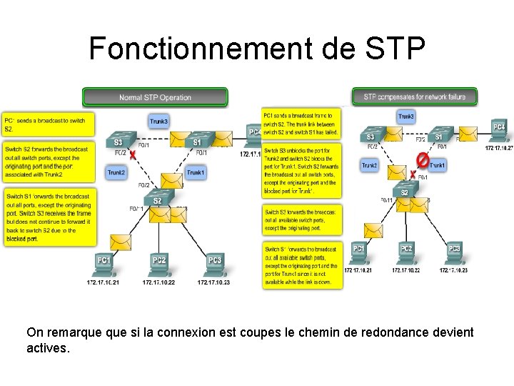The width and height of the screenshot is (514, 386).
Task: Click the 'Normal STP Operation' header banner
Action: click(x=155, y=97)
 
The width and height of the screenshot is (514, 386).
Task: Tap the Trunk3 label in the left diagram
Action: click(x=158, y=121)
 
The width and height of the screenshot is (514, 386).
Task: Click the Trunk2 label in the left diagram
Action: click(x=116, y=172)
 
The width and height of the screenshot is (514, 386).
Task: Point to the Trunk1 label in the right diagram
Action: click(x=438, y=165)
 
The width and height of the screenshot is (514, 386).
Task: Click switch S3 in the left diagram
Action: click(x=119, y=142)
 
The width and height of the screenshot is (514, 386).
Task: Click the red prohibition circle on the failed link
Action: click(x=423, y=158)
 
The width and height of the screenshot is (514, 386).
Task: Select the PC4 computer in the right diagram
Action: click(x=499, y=129)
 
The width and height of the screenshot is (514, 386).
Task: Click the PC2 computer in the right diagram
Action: click(x=405, y=251)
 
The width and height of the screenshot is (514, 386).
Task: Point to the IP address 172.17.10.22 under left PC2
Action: click(x=158, y=282)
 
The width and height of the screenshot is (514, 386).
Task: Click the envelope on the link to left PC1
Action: click(x=121, y=242)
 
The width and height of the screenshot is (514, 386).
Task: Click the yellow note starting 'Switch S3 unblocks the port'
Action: click(x=301, y=171)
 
